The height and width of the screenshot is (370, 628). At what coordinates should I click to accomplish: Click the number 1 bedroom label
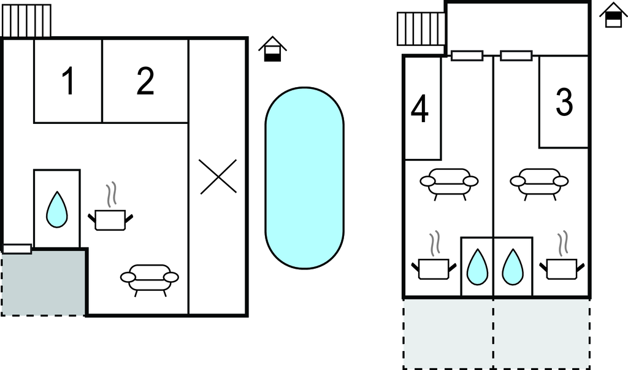coord(69,81)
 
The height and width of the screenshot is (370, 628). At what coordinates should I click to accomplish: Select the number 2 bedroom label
coord(145,81)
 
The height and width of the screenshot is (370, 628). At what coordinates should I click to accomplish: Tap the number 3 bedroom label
coord(564,102)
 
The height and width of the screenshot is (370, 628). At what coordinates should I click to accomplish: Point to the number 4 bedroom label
coord(419,109)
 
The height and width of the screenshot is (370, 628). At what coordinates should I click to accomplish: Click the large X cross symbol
coord(218,177)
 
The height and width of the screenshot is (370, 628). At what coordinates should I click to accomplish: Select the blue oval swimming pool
coord(304,177)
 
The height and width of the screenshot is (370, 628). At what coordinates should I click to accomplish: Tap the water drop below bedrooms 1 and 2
coord(57,209)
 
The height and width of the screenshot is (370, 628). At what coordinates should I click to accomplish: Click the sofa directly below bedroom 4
coord(449,183)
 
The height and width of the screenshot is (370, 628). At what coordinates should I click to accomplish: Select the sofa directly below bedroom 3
coord(539,183)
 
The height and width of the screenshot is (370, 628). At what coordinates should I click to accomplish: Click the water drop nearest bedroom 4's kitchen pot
coord(477,267)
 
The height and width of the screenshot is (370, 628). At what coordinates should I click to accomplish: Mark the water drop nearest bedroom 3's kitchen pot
coord(513,267)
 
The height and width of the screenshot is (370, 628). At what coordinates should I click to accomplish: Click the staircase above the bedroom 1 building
coord(27,20)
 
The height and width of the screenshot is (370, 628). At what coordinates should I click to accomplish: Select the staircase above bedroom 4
coord(421,28)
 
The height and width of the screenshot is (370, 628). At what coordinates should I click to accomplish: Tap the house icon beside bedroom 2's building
coord(272,49)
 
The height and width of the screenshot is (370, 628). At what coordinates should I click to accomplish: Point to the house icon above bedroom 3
coord(613,15)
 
